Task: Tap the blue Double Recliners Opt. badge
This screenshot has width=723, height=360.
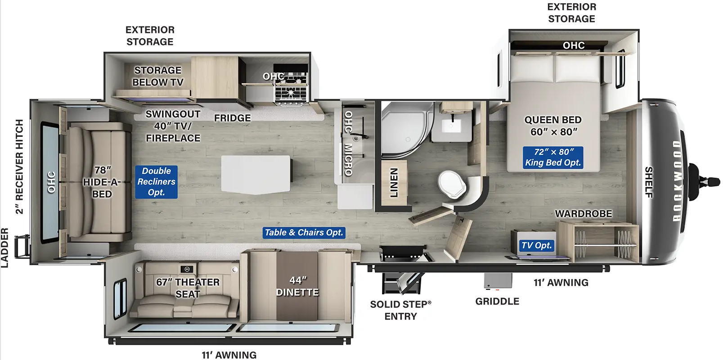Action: tap(156, 181)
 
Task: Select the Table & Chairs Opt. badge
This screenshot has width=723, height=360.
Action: tap(304, 233)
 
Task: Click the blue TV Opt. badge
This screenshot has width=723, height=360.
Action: tap(536, 245)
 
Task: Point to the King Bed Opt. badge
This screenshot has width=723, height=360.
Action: tap(553, 157)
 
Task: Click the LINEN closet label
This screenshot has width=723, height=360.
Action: tap(394, 182)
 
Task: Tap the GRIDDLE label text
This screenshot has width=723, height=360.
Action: tap(497, 301)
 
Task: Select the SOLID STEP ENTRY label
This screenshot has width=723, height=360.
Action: tap(400, 310)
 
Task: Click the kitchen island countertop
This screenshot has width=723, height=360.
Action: tap(256, 175)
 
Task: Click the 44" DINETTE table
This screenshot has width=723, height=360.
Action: tap(297, 286)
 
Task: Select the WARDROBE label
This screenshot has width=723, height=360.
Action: tap(583, 213)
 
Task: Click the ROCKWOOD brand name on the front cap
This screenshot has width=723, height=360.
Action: tap(677, 181)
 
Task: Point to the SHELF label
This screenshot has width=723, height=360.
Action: tap(649, 182)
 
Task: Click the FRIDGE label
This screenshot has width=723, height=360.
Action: tap(233, 118)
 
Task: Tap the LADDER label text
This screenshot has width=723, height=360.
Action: tap(4, 247)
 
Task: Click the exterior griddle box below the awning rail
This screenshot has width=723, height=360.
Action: tap(498, 280)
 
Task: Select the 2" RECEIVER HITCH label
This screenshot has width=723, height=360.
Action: tap(19, 166)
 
